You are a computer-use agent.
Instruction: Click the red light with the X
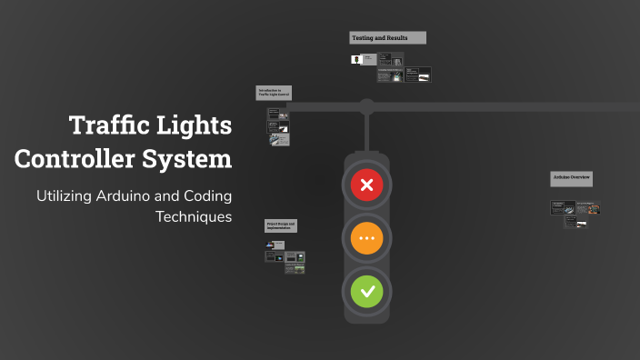(x=367, y=186)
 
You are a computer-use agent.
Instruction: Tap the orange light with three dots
(x=367, y=239)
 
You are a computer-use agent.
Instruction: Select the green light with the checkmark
(x=367, y=292)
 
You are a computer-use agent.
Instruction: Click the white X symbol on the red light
(x=367, y=186)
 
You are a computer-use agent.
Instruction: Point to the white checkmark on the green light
(x=367, y=292)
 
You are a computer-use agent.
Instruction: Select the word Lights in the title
(x=195, y=125)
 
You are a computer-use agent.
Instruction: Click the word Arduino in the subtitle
(x=127, y=196)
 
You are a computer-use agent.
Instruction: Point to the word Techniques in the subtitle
(x=194, y=216)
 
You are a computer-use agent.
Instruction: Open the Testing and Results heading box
(x=387, y=38)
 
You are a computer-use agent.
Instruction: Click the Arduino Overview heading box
(x=571, y=177)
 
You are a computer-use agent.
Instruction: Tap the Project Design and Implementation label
(x=281, y=225)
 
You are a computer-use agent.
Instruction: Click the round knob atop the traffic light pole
(x=366, y=105)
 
